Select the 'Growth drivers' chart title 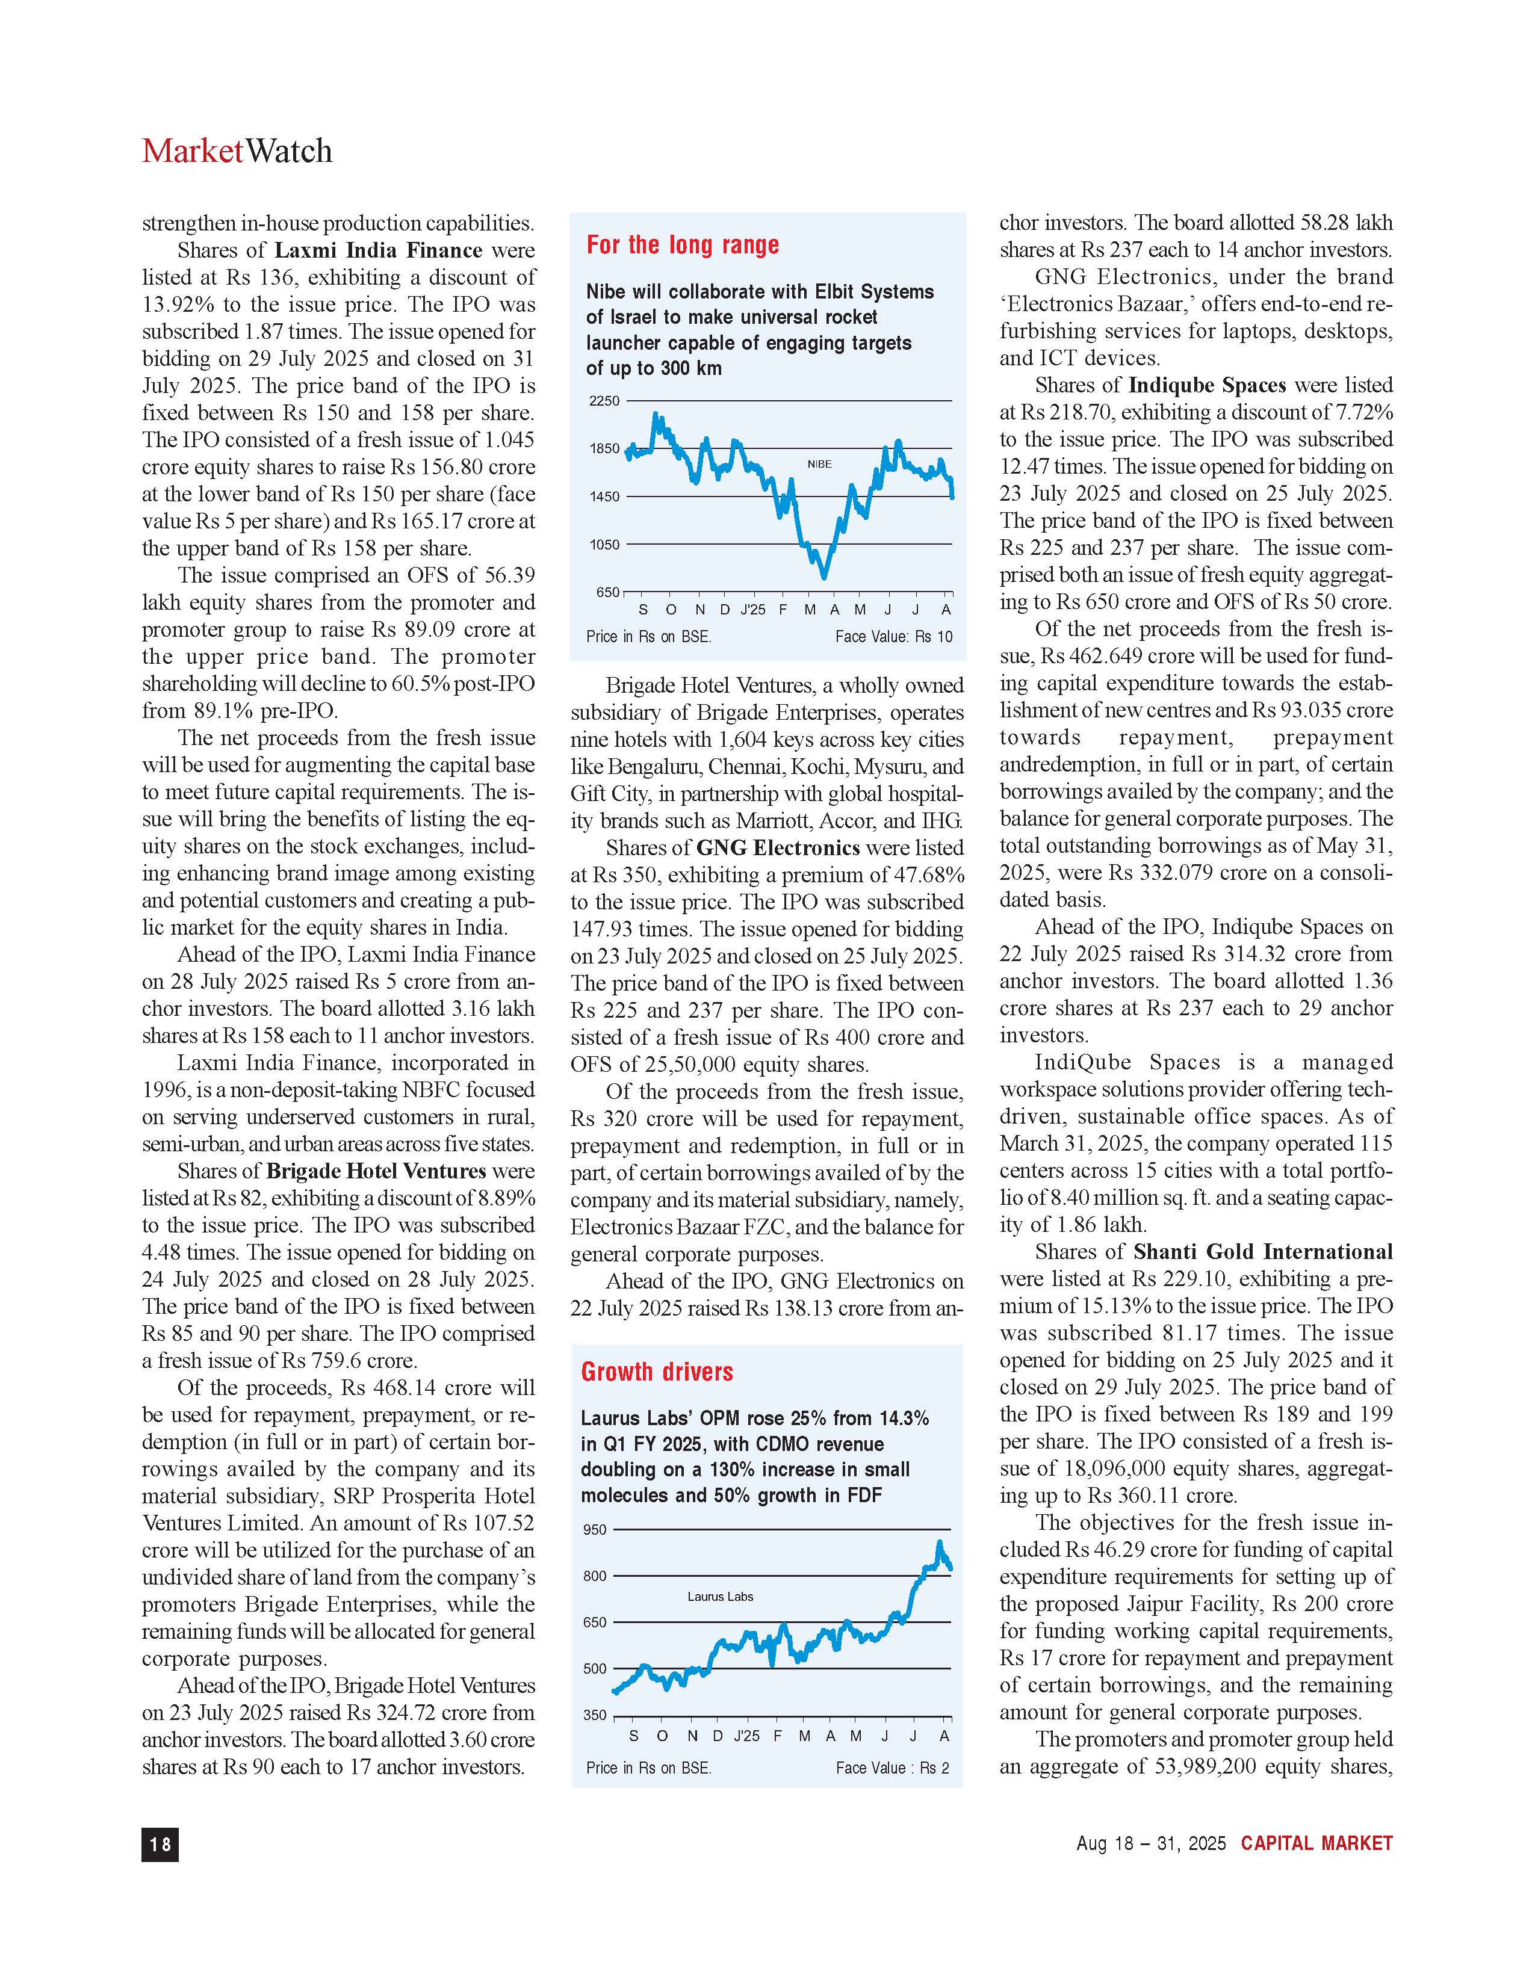[657, 1372]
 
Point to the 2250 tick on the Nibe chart [605, 401]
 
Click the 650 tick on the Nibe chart [607, 592]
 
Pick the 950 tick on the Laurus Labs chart [595, 1529]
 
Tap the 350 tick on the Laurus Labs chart [595, 1715]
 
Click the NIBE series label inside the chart [819, 464]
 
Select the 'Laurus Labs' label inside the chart [720, 1596]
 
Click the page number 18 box [160, 1843]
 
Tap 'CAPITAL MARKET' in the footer [1316, 1843]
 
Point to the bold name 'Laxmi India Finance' [378, 250]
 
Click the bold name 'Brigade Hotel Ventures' [376, 1171]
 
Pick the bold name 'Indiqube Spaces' [1207, 386]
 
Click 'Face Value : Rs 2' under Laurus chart [892, 1768]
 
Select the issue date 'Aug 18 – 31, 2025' [1150, 1843]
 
